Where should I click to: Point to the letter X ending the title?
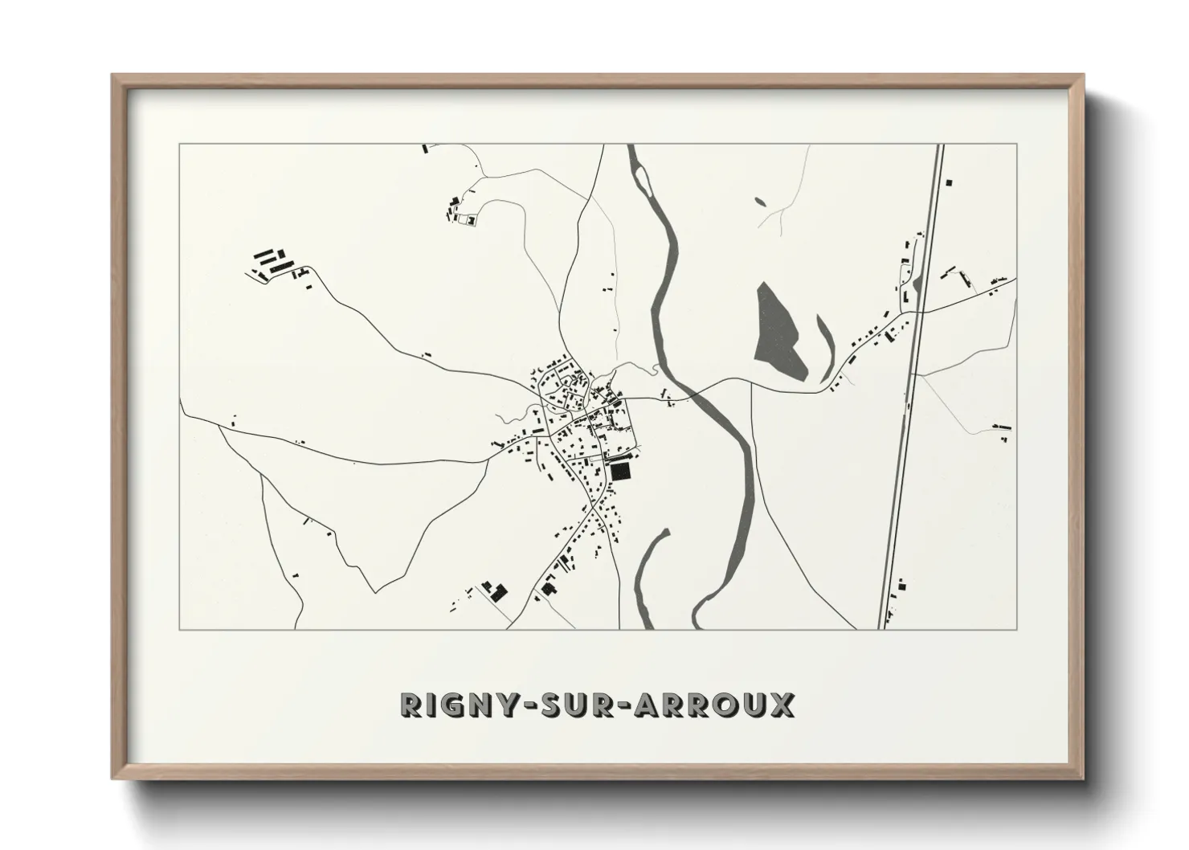(x=782, y=705)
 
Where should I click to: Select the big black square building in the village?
(x=619, y=471)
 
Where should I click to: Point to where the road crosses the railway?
(x=921, y=312)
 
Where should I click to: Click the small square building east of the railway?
(x=950, y=183)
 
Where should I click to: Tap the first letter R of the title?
(x=411, y=705)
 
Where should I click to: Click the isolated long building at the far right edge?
(x=1001, y=425)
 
